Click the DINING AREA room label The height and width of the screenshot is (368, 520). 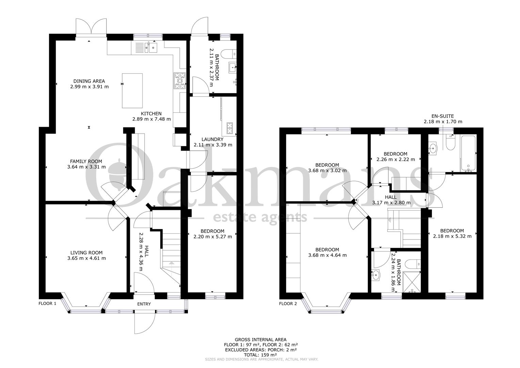(89, 81)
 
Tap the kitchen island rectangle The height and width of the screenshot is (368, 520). (132, 91)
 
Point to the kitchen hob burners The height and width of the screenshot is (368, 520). (180, 81)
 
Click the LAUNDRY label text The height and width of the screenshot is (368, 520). (212, 139)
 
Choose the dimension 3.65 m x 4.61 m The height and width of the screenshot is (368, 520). (86, 258)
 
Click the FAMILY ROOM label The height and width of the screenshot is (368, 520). (86, 161)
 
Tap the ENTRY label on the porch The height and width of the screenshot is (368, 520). (144, 304)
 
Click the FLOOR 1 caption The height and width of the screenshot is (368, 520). (47, 303)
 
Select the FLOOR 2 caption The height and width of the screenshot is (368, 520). (288, 304)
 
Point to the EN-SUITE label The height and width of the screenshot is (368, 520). (442, 116)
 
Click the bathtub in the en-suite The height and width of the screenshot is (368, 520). (468, 153)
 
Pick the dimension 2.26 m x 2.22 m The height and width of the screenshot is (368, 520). (395, 159)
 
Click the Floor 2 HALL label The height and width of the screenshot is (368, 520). (391, 197)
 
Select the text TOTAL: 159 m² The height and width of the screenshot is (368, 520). (260, 355)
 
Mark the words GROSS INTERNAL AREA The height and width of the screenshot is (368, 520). (260, 340)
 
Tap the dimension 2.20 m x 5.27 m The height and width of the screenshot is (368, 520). (213, 237)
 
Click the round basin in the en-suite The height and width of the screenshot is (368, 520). (433, 148)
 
